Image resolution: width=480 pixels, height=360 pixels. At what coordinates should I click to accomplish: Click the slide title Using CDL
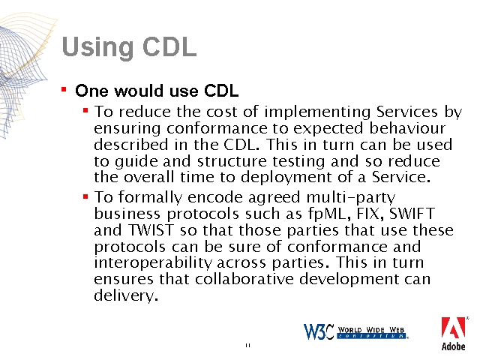click(x=129, y=47)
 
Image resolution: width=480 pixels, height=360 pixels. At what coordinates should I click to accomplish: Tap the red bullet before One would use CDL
click(x=64, y=90)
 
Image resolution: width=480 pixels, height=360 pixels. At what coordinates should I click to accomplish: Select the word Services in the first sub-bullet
click(x=406, y=112)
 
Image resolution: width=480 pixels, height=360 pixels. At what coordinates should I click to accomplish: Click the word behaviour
click(x=407, y=128)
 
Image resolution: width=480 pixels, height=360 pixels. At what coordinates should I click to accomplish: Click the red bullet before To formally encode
click(x=85, y=196)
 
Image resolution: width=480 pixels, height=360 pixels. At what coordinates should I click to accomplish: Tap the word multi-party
click(x=351, y=198)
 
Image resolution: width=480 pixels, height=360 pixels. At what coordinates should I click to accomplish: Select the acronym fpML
click(x=329, y=214)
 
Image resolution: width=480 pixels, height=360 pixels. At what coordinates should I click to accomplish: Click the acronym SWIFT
click(x=412, y=213)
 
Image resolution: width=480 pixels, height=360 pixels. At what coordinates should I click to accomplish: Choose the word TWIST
click(x=151, y=230)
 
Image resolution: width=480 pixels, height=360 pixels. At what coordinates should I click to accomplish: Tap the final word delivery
click(x=126, y=295)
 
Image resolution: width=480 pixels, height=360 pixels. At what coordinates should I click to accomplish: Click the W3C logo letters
click(x=318, y=331)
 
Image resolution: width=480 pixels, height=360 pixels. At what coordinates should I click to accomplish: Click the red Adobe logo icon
click(x=453, y=328)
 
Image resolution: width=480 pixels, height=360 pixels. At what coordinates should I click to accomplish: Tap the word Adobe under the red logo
click(x=453, y=346)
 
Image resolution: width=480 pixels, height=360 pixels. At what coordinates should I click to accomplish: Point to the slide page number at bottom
click(x=247, y=345)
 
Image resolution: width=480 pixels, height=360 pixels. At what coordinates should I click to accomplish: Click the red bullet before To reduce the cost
click(x=85, y=110)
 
